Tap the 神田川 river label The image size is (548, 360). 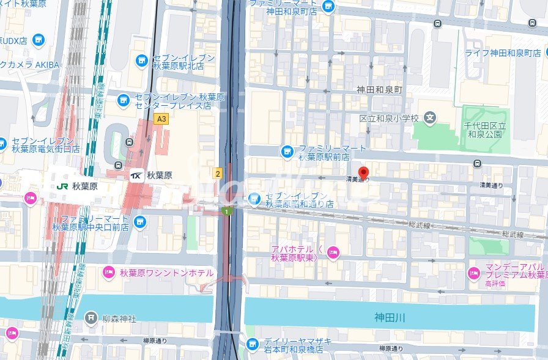point(390,317)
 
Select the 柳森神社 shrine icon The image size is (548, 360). point(91,317)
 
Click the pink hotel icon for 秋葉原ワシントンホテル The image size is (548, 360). point(109,273)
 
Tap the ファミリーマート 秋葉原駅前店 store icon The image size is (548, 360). point(287,150)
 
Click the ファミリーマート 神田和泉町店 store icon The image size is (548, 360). point(329,7)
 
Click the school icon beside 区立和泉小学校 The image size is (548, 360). point(431,117)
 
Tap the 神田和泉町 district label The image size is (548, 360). point(380,90)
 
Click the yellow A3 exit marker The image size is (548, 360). point(161,119)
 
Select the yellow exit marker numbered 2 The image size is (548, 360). point(217,174)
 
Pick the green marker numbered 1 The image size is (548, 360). point(228,211)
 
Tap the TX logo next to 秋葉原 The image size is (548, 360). point(137,175)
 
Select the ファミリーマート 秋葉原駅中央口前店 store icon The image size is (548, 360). point(140,221)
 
